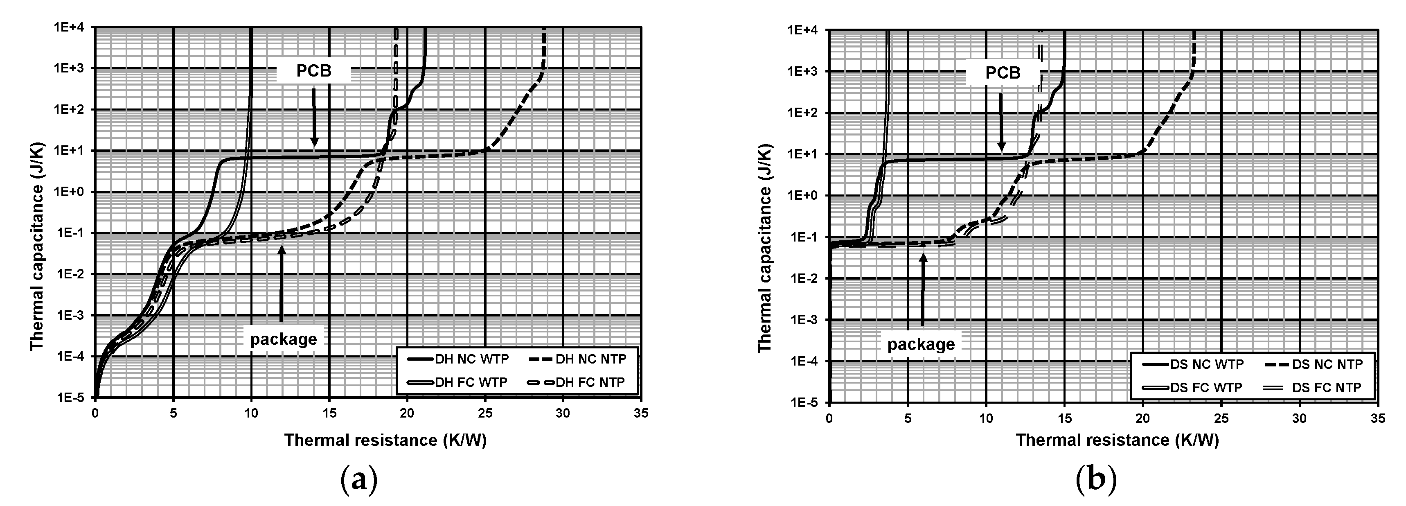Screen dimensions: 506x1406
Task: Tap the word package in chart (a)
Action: pos(283,339)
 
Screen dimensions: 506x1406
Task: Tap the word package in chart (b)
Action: pos(921,344)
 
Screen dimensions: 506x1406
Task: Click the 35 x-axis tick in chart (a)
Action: pos(641,413)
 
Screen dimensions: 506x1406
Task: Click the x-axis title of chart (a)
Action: pos(385,440)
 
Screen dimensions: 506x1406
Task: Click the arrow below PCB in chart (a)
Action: pos(314,117)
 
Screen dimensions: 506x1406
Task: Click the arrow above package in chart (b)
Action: pos(923,289)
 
